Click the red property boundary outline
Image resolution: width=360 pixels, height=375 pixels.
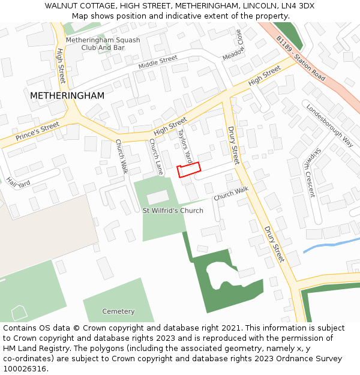pyautogui.click(x=188, y=169)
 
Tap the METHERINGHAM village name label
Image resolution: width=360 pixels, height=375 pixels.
pyautogui.click(x=67, y=95)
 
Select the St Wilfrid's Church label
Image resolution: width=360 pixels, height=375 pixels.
pyautogui.click(x=173, y=211)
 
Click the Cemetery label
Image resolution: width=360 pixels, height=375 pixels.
pyautogui.click(x=119, y=311)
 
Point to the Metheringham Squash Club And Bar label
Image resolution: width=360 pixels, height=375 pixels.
pyautogui.click(x=103, y=44)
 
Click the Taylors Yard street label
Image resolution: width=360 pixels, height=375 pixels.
pyautogui.click(x=185, y=147)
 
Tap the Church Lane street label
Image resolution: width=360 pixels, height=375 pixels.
pyautogui.click(x=156, y=157)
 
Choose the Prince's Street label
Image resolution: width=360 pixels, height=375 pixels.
pyautogui.click(x=38, y=131)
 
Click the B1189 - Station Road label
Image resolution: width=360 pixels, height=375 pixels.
pyautogui.click(x=301, y=58)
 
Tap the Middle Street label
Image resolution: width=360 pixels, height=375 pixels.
pyautogui.click(x=158, y=62)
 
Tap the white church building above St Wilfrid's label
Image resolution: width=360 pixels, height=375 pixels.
pyautogui.click(x=158, y=197)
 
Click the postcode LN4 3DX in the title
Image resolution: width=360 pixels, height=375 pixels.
pyautogui.click(x=298, y=6)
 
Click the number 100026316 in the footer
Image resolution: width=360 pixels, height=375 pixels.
pyautogui.click(x=25, y=368)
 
